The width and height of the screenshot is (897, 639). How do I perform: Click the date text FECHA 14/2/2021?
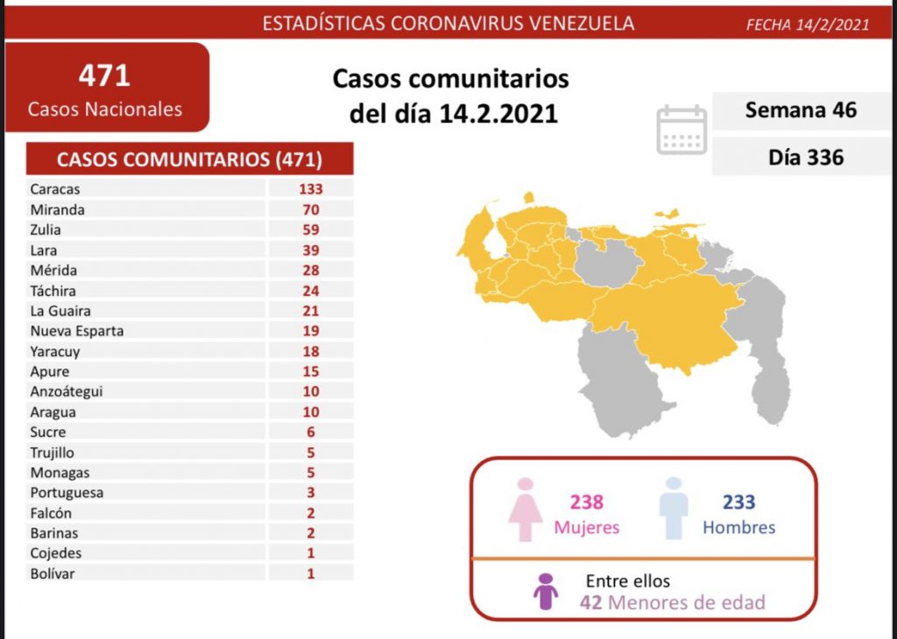[807, 25]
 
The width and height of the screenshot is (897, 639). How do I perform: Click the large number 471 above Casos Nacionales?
[104, 76]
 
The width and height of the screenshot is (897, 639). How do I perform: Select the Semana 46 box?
[801, 110]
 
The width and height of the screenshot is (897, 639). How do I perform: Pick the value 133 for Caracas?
[310, 189]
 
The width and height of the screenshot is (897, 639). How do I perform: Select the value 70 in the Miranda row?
[310, 209]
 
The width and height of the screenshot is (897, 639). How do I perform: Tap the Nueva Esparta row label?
[76, 331]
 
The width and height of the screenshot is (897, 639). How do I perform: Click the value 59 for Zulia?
[310, 230]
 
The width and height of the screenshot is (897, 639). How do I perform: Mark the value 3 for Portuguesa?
[310, 493]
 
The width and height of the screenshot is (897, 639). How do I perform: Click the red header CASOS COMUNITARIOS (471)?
[189, 159]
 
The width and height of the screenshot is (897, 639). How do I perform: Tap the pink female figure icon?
[526, 509]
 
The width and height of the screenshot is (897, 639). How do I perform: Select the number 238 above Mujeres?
[586, 502]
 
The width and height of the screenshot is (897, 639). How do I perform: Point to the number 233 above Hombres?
[738, 502]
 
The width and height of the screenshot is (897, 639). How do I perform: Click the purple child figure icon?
[546, 592]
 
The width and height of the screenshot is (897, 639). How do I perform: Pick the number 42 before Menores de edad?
[590, 602]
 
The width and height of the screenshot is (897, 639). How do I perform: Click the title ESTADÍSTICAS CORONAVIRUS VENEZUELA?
[448, 24]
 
